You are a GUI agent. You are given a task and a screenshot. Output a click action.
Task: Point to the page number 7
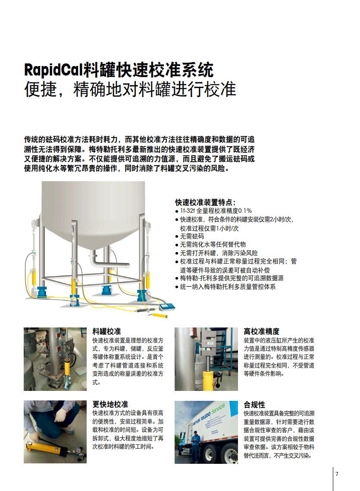point(337,474)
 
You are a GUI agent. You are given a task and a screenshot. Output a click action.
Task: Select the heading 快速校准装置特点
point(205,202)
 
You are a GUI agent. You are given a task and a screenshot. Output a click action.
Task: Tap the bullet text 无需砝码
point(192,236)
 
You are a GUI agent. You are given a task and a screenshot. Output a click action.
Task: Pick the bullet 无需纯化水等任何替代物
point(213,244)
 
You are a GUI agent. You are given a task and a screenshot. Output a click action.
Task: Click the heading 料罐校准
point(106,331)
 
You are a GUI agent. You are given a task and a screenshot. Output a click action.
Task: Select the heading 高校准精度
point(261,331)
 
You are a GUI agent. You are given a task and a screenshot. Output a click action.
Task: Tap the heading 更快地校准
point(110,404)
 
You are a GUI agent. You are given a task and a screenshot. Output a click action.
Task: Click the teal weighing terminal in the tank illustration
point(167,306)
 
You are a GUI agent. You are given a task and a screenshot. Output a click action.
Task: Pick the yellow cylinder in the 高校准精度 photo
point(208,380)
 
